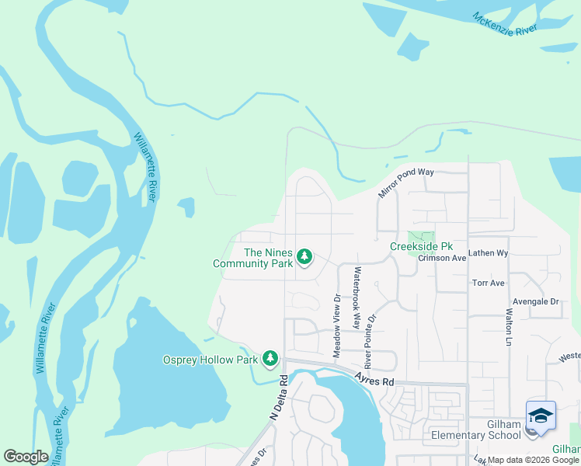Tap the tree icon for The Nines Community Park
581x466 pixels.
click(x=305, y=256)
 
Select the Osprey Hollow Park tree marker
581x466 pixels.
click(x=270, y=359)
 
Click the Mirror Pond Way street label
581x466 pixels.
click(x=405, y=182)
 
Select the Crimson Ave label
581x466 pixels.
click(x=442, y=258)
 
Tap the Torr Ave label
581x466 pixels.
click(x=489, y=283)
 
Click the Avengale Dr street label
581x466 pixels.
click(x=535, y=301)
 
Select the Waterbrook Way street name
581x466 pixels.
click(x=357, y=298)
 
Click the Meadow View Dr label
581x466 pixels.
click(x=337, y=325)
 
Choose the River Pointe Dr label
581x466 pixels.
click(x=371, y=341)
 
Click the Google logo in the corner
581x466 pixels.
click(x=26, y=457)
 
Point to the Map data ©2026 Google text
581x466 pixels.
click(x=533, y=460)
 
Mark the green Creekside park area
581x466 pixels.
click(x=422, y=236)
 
